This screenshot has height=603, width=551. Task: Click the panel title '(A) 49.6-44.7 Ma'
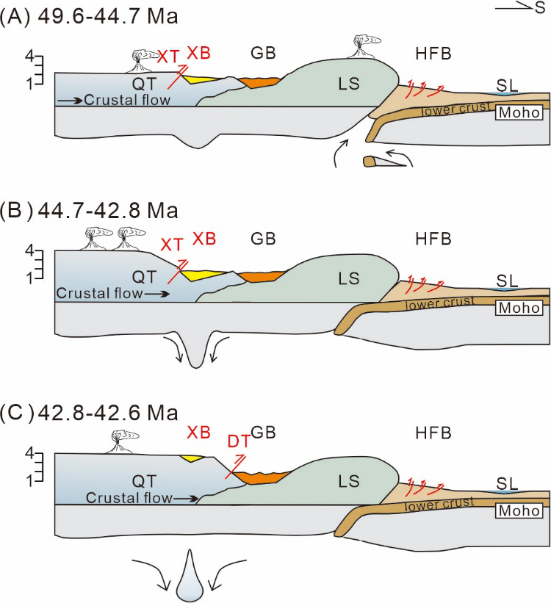coord(89,17)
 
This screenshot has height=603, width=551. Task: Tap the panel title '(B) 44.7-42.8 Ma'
coord(89,211)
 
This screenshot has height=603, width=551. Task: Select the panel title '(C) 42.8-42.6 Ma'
coord(89,413)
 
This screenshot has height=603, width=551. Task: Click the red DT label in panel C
coord(239,442)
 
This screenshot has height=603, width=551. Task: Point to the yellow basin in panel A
coord(201,79)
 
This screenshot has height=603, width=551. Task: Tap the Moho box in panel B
coord(519,308)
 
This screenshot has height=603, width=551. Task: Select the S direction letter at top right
coord(540,7)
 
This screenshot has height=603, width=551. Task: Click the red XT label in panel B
coord(172,244)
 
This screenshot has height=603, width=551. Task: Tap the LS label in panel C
coord(349,481)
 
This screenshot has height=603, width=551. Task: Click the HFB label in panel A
coord(433,54)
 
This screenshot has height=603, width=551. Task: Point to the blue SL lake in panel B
coord(506,289)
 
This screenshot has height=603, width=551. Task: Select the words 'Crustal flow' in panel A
coord(127,100)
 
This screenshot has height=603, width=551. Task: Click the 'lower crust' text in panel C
coord(439,504)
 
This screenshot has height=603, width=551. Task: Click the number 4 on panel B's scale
coord(29,250)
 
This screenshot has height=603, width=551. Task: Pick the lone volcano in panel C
coord(121,442)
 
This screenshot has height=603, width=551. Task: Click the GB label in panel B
coord(263,239)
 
